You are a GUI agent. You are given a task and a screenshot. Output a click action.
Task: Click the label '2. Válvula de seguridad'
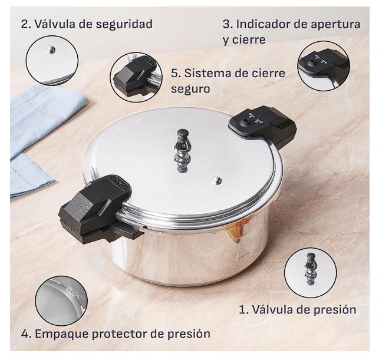pyautogui.click(x=87, y=24)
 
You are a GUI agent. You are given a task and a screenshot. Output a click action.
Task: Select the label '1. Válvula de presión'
pyautogui.click(x=298, y=309)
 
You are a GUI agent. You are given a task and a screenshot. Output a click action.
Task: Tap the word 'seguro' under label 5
pyautogui.click(x=190, y=88)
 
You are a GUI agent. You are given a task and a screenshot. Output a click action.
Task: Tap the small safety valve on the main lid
pyautogui.click(x=216, y=180)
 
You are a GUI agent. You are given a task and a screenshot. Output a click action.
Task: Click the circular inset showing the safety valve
pyautogui.click(x=52, y=61)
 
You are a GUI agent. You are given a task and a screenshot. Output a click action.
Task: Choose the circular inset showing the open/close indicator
pyautogui.click(x=324, y=66)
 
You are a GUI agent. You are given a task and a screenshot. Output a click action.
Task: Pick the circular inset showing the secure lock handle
pyautogui.click(x=136, y=76)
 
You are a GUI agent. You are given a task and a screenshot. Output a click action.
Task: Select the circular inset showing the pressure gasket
pyautogui.click(x=61, y=301)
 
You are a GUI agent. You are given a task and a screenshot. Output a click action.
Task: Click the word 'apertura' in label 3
pyautogui.click(x=335, y=25)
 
